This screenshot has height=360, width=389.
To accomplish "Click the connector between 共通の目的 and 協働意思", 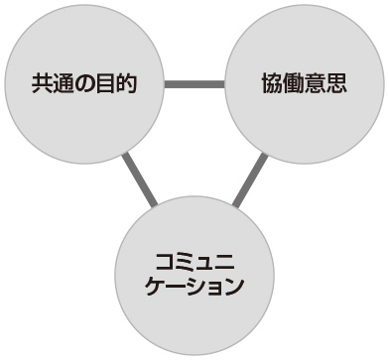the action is [x=194, y=83].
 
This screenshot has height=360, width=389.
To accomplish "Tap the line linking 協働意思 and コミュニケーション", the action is [x=250, y=180].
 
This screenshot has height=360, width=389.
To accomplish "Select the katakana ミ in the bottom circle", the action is [x=185, y=262].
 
